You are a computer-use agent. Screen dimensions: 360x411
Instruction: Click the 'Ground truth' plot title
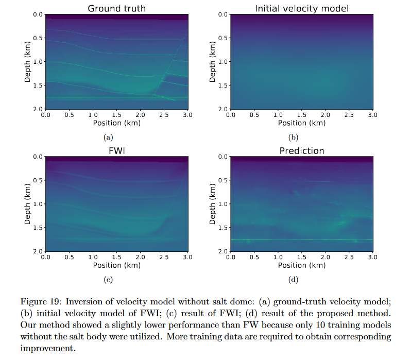(x=116, y=8)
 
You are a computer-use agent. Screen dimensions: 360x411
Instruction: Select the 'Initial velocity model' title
(x=301, y=8)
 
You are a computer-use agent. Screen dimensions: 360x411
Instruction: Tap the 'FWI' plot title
(x=116, y=150)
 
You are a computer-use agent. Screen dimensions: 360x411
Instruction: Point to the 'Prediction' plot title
(x=301, y=150)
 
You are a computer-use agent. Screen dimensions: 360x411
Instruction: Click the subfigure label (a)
(x=108, y=138)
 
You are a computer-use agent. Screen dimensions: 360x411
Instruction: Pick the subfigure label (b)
(x=293, y=138)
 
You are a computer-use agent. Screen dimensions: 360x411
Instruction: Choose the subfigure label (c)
(x=108, y=280)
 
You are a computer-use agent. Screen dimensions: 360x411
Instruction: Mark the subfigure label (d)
(x=293, y=280)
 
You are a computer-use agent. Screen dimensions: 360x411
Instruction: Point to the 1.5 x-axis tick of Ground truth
(x=116, y=114)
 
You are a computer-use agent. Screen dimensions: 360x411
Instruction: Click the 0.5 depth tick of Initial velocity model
(x=222, y=38)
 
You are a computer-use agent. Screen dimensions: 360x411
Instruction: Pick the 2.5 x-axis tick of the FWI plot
(x=164, y=256)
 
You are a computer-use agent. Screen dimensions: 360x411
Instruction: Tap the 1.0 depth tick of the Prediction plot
(x=222, y=204)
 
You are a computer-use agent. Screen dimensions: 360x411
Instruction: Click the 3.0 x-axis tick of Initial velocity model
(x=372, y=114)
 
